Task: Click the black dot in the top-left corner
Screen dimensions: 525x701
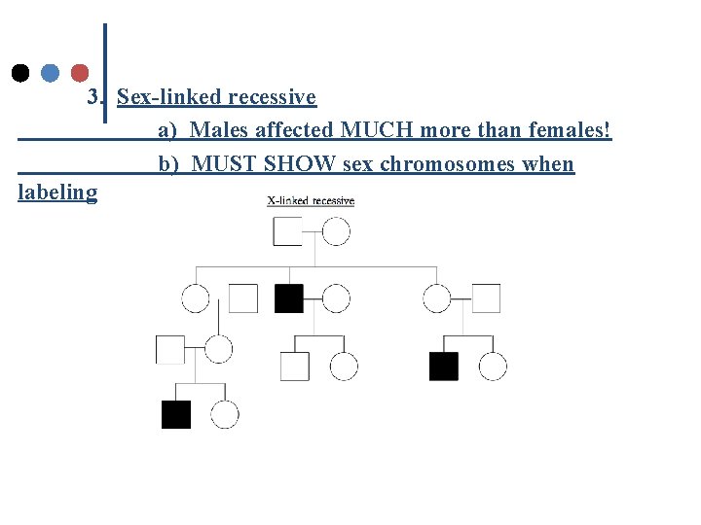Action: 19,73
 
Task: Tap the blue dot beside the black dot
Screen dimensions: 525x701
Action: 51,73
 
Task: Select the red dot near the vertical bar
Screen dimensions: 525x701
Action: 81,73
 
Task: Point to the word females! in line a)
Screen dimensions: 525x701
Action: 566,129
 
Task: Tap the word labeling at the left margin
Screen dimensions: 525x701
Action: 57,192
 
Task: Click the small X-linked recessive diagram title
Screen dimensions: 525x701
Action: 311,201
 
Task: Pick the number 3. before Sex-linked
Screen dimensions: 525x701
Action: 96,97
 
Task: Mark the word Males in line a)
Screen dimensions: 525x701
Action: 220,129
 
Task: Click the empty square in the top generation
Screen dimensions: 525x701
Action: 287,231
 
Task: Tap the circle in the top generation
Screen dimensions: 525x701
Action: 336,231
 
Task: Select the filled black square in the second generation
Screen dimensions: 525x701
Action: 289,298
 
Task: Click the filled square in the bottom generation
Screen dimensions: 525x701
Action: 176,414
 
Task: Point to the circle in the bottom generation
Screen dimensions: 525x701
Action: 225,414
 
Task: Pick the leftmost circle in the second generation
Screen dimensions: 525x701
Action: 196,298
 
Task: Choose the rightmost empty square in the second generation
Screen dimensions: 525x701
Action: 486,298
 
